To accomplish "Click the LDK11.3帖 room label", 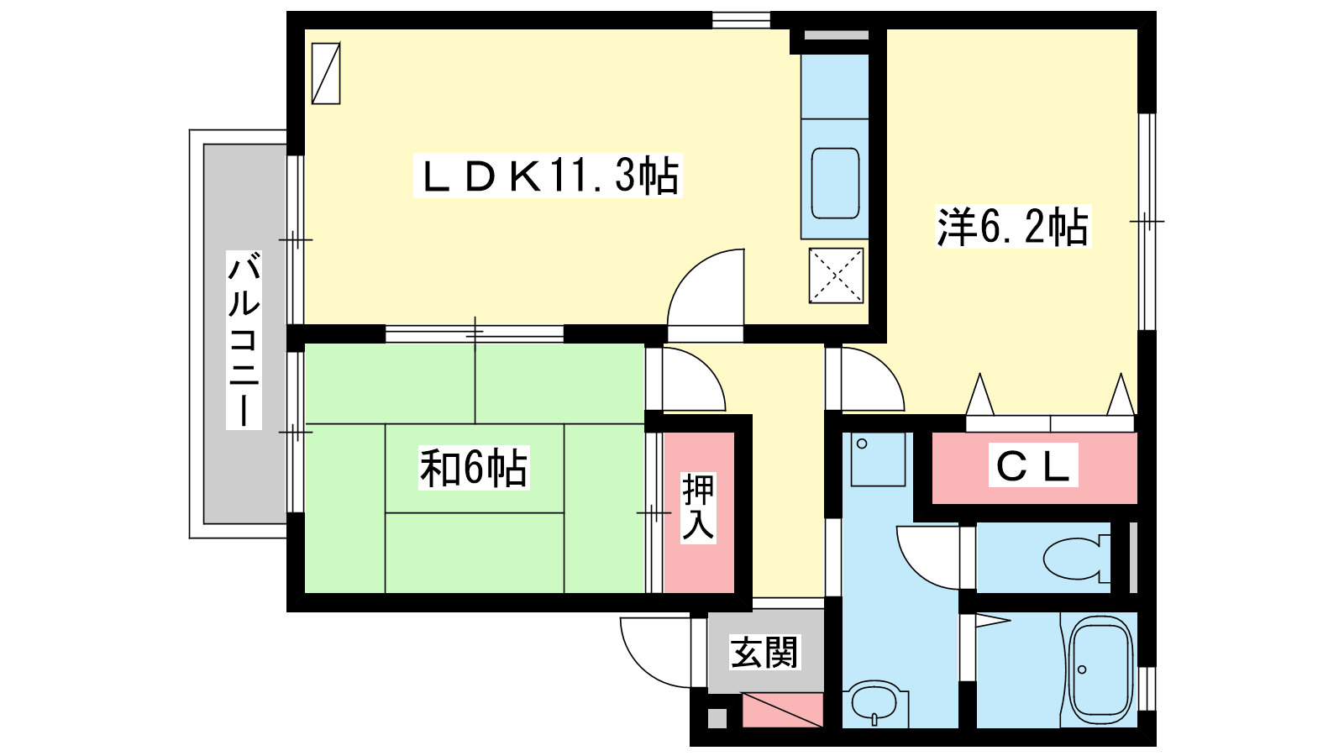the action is [548, 176].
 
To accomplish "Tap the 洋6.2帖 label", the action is [1013, 227].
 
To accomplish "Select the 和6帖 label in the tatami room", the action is [474, 468].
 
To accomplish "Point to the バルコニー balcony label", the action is [244, 340].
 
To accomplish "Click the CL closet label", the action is [1033, 465].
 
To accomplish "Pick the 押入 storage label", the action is [698, 507].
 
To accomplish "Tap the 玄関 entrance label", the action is [764, 652].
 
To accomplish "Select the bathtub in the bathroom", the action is [1100, 669].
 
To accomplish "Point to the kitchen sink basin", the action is [835, 184].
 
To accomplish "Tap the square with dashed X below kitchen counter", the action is [836, 276].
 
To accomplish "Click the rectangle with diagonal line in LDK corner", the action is [326, 73].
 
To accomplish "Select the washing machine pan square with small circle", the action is [878, 459].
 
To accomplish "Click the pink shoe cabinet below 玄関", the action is [782, 711].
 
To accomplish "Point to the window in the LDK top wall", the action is [741, 20].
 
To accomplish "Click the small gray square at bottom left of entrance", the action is [717, 718].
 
